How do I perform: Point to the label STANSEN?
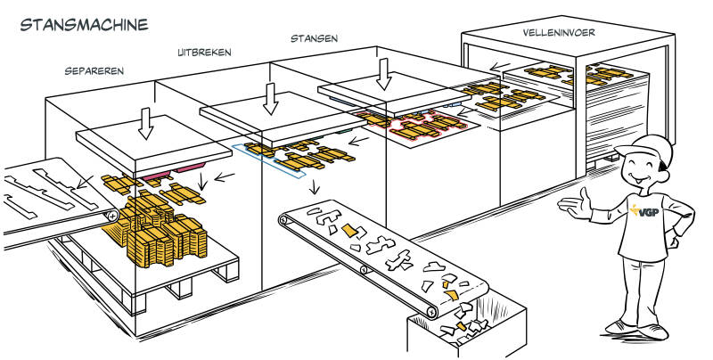coord(314,38)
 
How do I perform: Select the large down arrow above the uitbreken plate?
coord(268,95)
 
